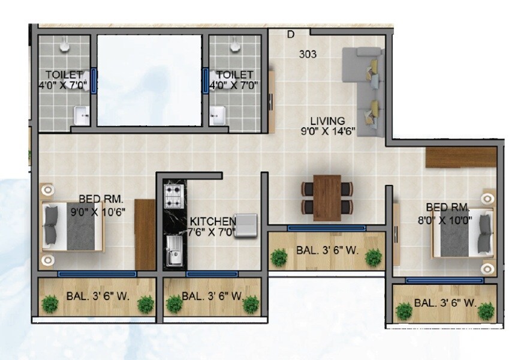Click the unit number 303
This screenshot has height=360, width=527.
(x=308, y=54)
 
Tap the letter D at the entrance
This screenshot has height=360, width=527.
(x=290, y=35)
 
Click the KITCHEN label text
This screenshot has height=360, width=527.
(x=213, y=221)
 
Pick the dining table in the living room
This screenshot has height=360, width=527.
(x=327, y=197)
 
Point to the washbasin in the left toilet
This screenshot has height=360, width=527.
(x=81, y=114)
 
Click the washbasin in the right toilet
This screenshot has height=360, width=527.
(x=217, y=114)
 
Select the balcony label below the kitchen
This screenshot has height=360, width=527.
(x=212, y=296)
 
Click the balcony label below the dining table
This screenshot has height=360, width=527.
(x=327, y=250)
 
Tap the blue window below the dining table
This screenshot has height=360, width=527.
(x=327, y=228)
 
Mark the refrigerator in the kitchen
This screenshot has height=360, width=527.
(x=245, y=226)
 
